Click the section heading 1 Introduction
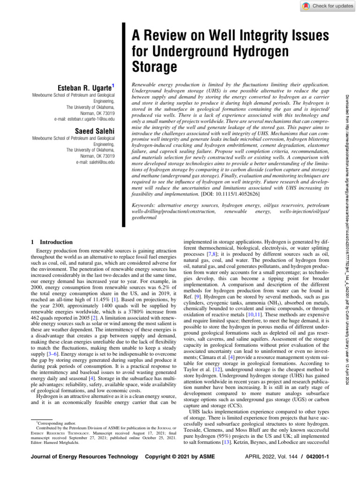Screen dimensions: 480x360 [51, 242]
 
